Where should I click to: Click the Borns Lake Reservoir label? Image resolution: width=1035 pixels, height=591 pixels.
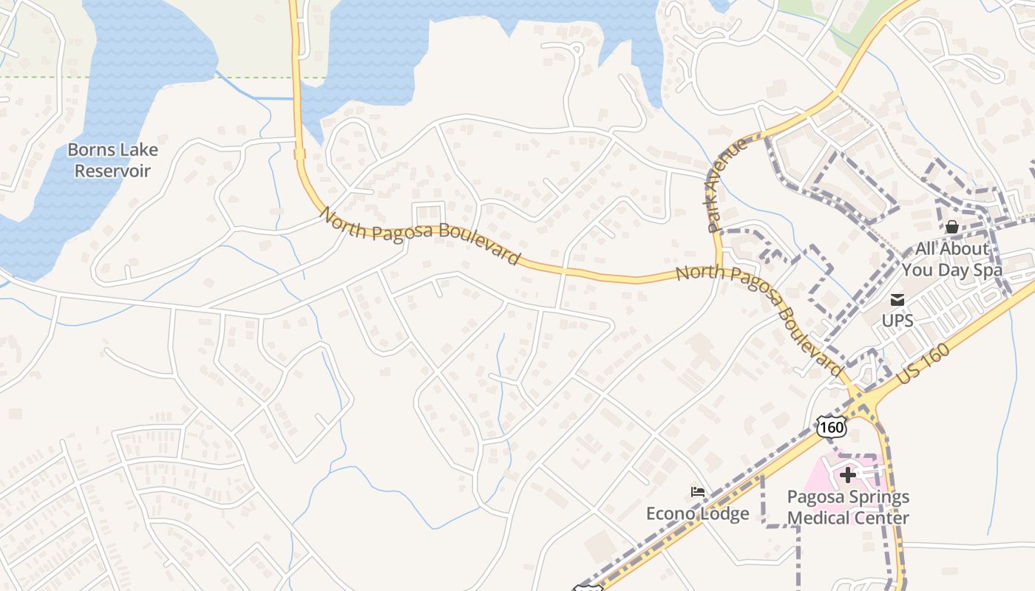coord(112,160)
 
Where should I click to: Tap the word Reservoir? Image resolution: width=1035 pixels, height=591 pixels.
coord(112,171)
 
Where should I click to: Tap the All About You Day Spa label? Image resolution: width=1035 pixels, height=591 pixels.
coord(952,259)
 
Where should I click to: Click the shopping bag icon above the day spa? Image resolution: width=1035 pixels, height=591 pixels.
coord(952,228)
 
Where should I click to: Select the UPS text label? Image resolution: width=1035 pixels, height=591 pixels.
coord(897,321)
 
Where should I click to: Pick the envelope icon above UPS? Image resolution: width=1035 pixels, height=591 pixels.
coord(897,300)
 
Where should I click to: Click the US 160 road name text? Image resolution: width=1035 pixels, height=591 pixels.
coord(923,365)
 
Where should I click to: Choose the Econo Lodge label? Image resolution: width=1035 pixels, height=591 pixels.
coord(698,514)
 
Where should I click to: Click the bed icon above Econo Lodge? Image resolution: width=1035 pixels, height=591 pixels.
coord(698,492)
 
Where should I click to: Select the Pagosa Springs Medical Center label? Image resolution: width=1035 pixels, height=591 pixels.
coord(848,508)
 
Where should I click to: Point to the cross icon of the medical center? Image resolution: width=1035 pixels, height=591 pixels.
coord(848,474)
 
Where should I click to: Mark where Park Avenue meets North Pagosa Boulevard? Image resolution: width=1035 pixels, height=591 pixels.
coord(717,270)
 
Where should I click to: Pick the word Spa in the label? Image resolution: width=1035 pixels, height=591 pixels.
coord(988,270)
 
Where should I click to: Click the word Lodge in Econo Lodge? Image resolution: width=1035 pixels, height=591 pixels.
coord(724,514)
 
